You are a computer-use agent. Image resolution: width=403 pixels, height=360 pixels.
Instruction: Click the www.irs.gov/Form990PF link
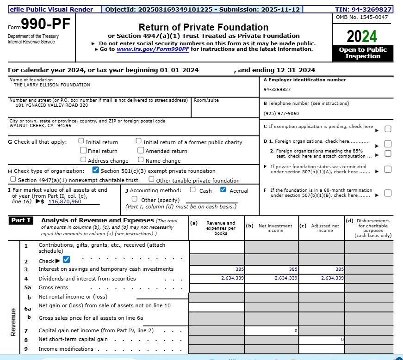pos(153,49)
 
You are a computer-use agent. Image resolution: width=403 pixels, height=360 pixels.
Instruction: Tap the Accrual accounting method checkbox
pos(223,189)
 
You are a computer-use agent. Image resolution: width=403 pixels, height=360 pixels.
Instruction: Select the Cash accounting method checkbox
pos(192,189)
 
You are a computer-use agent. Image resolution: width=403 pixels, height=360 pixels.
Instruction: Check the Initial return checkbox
pos(81,141)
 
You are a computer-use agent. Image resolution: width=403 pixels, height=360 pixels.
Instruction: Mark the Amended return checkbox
pos(141,150)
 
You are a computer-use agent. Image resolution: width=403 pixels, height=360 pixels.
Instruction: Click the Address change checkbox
pos(83,160)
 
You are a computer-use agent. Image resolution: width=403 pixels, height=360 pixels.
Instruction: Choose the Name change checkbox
pos(141,160)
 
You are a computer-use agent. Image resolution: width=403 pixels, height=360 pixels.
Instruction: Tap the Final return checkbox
pos(83,150)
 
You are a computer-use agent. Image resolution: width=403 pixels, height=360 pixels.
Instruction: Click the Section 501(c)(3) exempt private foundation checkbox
pos(96,170)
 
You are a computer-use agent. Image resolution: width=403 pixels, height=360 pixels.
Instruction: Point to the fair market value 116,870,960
pos(64,201)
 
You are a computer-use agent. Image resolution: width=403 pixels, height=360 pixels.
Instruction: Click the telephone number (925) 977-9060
pos(281,114)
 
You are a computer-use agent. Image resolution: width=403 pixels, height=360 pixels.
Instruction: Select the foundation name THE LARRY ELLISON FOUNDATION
pos(52,85)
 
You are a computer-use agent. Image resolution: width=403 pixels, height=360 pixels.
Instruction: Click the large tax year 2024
pos(362,36)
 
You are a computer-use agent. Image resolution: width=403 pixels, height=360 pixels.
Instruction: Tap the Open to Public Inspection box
pos(362,53)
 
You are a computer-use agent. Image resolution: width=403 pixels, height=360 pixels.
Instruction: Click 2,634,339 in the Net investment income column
pos(286,278)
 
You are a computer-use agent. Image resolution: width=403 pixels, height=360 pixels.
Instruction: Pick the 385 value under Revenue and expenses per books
pos(239,269)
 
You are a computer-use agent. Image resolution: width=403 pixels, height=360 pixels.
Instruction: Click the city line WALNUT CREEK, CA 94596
pos(40,125)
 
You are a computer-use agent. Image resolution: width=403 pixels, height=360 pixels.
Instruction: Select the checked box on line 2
pos(66,260)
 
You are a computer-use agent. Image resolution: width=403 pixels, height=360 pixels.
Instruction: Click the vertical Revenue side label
pos(13,321)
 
